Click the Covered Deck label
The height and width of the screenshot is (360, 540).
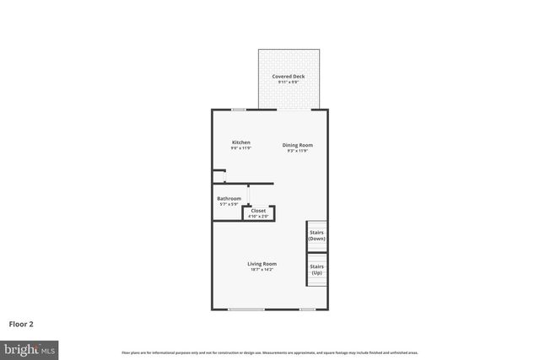[288, 77]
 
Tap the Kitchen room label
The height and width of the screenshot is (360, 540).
[241, 142]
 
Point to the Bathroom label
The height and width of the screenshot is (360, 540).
[229, 199]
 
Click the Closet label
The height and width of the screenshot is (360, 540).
[258, 211]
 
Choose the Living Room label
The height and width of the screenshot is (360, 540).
[262, 264]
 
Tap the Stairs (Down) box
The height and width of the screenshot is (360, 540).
[316, 235]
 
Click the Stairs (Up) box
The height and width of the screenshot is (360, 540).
[316, 270]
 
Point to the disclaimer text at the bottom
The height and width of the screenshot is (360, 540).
[270, 352]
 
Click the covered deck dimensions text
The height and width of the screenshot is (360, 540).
[288, 82]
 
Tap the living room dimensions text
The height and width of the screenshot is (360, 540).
[262, 269]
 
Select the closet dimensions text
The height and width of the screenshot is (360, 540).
[258, 216]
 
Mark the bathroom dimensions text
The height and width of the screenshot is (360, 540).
[229, 204]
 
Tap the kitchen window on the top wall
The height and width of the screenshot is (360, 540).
[239, 109]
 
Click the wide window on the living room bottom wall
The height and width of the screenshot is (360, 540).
[246, 309]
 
